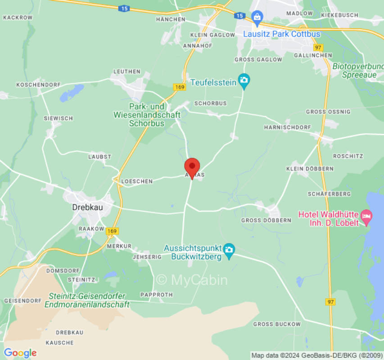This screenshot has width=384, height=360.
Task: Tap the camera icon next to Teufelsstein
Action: [x=244, y=81]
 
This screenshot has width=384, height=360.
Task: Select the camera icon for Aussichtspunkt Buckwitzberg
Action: [x=229, y=251]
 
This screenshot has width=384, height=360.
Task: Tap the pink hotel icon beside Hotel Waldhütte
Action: [x=367, y=216]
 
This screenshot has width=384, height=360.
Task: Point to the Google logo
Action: [x=20, y=353]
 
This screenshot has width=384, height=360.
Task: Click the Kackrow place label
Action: [x=18, y=18]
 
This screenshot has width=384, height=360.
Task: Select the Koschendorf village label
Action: [x=35, y=85]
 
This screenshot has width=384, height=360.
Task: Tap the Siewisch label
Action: [x=58, y=118]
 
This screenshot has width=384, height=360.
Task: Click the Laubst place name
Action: [x=99, y=157]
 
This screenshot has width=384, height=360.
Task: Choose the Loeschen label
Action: [x=137, y=181]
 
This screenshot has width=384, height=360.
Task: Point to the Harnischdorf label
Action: [x=287, y=127]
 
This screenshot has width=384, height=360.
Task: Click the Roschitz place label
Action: [x=348, y=156]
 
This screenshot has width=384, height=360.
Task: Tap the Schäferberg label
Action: [x=329, y=194]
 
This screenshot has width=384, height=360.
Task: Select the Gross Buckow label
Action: [x=276, y=324]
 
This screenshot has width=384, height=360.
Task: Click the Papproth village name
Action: [x=156, y=295]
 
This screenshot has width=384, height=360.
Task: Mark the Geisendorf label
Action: [x=23, y=300]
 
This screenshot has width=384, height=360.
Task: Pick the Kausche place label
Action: [x=59, y=342]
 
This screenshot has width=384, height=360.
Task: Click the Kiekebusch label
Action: [x=339, y=15]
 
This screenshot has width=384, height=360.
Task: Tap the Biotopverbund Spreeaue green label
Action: [x=356, y=71]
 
